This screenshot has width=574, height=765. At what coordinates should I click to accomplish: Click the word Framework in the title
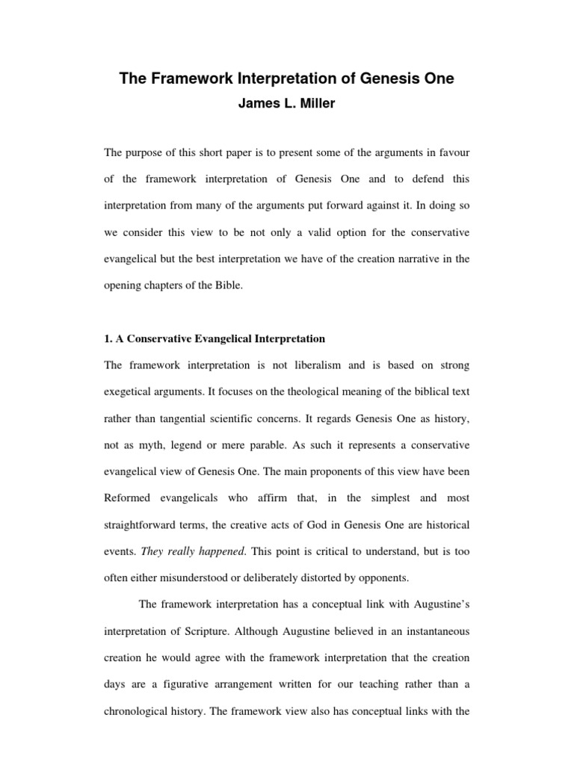pos(194,80)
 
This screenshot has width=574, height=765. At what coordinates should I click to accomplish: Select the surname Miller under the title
pos(318,104)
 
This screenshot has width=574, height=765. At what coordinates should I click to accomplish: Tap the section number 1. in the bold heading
pos(108,338)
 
